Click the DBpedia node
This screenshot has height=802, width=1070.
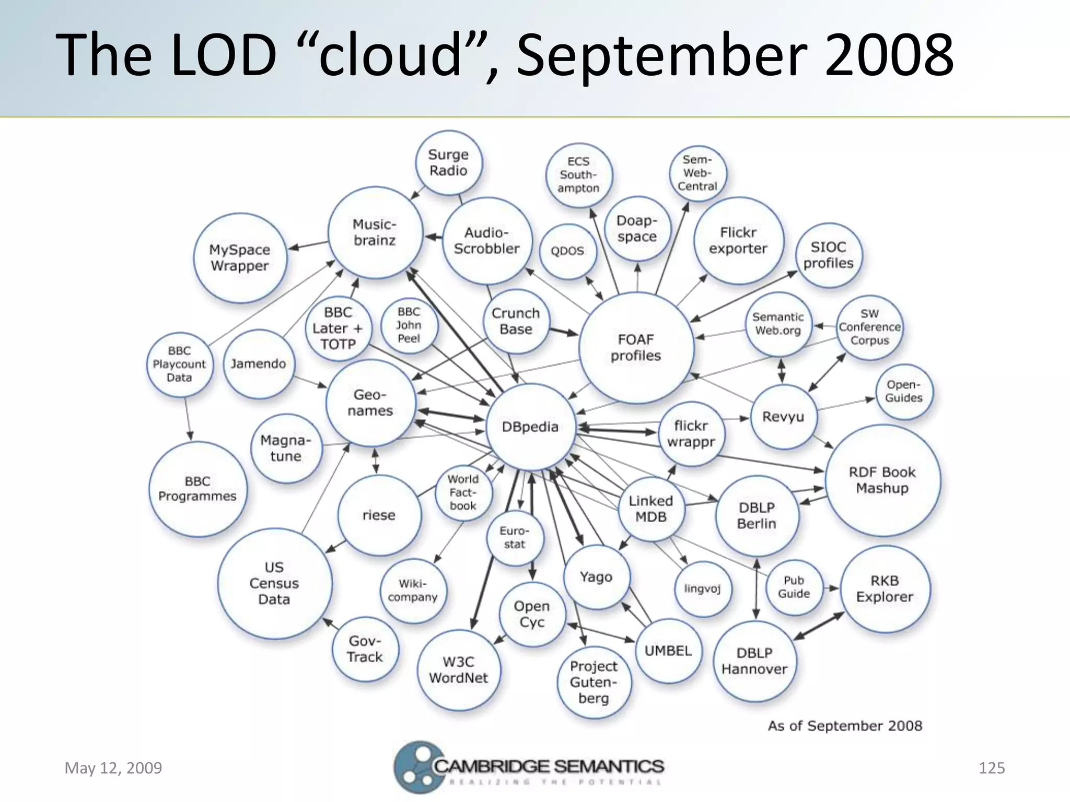(530, 427)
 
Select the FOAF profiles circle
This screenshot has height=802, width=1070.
(636, 348)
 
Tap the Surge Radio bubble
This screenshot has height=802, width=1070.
(448, 162)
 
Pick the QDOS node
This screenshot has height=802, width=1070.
(567, 251)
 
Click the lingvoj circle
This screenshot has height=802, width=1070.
(703, 589)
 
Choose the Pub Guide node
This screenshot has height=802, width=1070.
(794, 587)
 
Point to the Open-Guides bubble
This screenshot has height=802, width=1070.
(904, 392)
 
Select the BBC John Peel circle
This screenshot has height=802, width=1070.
(409, 325)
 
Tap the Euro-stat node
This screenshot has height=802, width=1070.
(515, 538)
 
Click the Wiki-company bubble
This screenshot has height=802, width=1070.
(413, 591)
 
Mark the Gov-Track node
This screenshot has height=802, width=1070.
(365, 649)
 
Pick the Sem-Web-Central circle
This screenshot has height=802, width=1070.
(697, 173)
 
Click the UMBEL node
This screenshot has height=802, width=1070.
(668, 651)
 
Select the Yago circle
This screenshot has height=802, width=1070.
(596, 577)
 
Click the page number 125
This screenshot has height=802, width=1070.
(992, 768)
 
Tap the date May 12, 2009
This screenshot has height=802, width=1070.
(113, 768)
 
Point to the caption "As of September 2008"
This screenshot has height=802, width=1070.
(845, 726)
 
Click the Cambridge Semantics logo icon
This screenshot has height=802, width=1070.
(415, 767)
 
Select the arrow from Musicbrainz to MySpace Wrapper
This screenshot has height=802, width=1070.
(309, 244)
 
